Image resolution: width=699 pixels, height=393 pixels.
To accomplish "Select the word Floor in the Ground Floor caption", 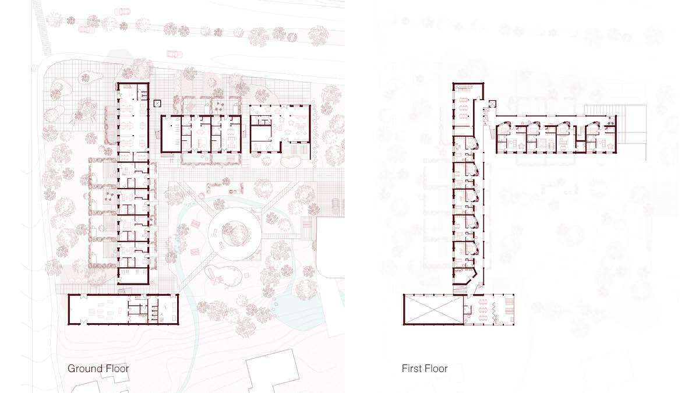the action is point(117,369).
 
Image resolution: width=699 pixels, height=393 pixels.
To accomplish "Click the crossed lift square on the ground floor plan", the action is point(157,104).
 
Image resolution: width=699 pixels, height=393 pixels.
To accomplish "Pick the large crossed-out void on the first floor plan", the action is point(433,310).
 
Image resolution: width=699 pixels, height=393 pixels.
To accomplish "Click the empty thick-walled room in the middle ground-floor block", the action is point(171,134).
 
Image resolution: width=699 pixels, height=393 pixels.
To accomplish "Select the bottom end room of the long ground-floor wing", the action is point(133,276).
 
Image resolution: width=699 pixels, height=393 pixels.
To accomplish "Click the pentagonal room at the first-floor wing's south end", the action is point(465,277).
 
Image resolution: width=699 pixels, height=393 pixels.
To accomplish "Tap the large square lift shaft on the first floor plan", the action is point(492,104).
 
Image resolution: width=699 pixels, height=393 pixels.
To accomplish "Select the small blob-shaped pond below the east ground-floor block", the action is point(290,162).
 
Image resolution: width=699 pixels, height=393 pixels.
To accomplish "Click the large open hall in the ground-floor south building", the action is point(98,310).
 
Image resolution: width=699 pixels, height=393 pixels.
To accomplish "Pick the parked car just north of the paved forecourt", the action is point(174,54).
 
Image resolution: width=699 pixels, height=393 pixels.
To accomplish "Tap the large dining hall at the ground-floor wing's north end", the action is point(133,122).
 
